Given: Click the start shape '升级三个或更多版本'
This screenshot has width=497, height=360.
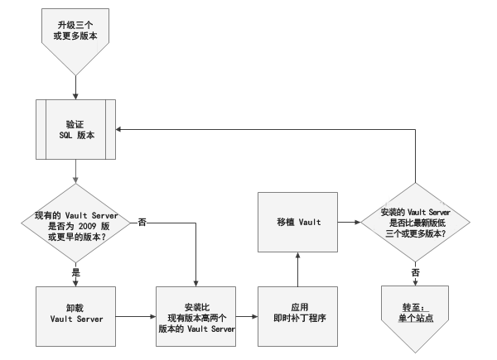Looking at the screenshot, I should (75, 36).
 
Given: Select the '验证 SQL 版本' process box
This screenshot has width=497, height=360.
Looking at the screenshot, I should (75, 128).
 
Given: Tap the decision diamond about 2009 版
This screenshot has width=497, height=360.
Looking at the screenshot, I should (75, 223).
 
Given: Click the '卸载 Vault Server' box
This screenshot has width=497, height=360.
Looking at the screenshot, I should (75, 316).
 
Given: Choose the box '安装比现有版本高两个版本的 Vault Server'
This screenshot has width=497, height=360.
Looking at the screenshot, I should (196, 316).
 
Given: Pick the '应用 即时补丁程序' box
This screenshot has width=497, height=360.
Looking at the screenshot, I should (298, 316).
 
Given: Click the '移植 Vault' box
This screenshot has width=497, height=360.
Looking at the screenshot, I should (298, 223).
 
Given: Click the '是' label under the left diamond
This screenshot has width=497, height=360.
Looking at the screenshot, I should (75, 271).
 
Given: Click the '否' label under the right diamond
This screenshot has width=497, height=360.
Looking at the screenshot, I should (416, 271).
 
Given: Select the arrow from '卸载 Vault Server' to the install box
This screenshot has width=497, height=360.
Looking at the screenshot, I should (135, 316).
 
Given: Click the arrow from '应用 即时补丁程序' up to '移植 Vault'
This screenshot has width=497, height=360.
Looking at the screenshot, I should (298, 269).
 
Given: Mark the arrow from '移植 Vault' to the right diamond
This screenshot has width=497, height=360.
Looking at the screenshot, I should (348, 223).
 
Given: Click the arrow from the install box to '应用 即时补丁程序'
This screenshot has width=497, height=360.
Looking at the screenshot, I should (247, 316).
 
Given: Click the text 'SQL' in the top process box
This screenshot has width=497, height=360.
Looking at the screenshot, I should (64, 136).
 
